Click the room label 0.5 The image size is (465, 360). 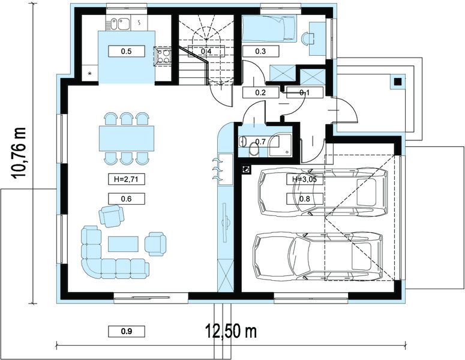tap(127, 52)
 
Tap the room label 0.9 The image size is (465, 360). tap(127, 331)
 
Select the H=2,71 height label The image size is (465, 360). tap(127, 179)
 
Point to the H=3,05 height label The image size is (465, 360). tap(304, 179)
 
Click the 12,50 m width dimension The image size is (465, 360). tap(231, 331)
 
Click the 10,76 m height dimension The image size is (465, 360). tap(19, 153)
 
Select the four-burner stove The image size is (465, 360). tap(163, 56)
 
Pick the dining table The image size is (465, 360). tap(127, 138)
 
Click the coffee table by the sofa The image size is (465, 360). tap(124, 244)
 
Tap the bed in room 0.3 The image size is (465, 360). tap(269, 28)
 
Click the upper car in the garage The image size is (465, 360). tap(323, 192)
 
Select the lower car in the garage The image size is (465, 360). tap(318, 257)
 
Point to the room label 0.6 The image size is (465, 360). tap(127, 199)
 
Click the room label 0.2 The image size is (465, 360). tap(260, 92)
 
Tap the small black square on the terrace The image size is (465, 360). tap(397, 81)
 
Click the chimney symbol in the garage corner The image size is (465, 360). tap(246, 169)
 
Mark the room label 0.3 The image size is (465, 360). tap(260, 52)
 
